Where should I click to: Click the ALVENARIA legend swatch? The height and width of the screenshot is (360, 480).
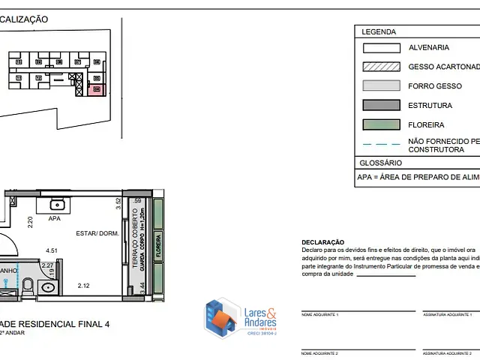click(381, 47)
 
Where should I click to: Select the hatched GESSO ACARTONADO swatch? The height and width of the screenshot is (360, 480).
click(381, 67)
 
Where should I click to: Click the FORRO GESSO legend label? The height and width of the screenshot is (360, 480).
click(435, 86)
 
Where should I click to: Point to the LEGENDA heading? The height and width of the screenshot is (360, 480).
click(379, 32)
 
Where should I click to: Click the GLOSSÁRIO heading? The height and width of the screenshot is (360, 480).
click(381, 163)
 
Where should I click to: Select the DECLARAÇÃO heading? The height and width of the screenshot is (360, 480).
click(322, 242)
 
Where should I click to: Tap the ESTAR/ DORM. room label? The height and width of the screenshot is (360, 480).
click(98, 233)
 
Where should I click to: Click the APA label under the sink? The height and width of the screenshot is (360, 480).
click(54, 220)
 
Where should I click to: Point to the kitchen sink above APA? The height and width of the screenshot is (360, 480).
click(58, 204)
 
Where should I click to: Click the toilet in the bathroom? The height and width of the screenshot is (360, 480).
click(28, 285)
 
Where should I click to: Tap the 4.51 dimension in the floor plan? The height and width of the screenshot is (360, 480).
click(52, 250)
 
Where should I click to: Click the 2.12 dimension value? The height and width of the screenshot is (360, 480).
click(83, 285)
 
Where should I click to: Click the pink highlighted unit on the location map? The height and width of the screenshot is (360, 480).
click(96, 90)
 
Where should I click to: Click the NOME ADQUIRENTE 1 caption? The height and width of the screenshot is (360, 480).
click(319, 315)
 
